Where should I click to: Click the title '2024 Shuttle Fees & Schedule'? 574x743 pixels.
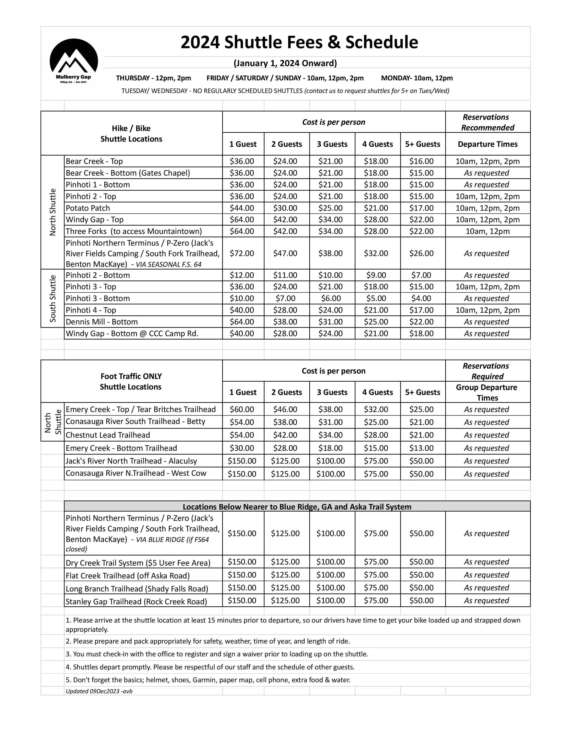tap(299, 42)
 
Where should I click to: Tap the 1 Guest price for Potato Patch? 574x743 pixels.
tap(242, 208)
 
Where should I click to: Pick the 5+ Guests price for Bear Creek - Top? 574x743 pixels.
tap(421, 161)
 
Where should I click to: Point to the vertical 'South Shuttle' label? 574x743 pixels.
tap(53, 298)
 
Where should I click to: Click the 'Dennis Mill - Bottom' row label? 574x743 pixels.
tap(102, 322)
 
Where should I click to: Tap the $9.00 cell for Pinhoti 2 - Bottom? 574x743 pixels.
tap(376, 275)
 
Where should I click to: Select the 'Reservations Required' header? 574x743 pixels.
tap(487, 371)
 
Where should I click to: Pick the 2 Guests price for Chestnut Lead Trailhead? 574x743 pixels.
tap(285, 435)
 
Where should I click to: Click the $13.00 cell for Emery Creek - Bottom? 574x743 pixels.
tap(421, 448)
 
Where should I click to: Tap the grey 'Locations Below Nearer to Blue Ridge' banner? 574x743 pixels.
tap(297, 507)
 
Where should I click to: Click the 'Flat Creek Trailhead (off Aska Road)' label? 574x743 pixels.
tap(127, 576)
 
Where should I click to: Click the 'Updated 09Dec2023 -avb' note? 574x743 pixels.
tap(99, 691)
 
